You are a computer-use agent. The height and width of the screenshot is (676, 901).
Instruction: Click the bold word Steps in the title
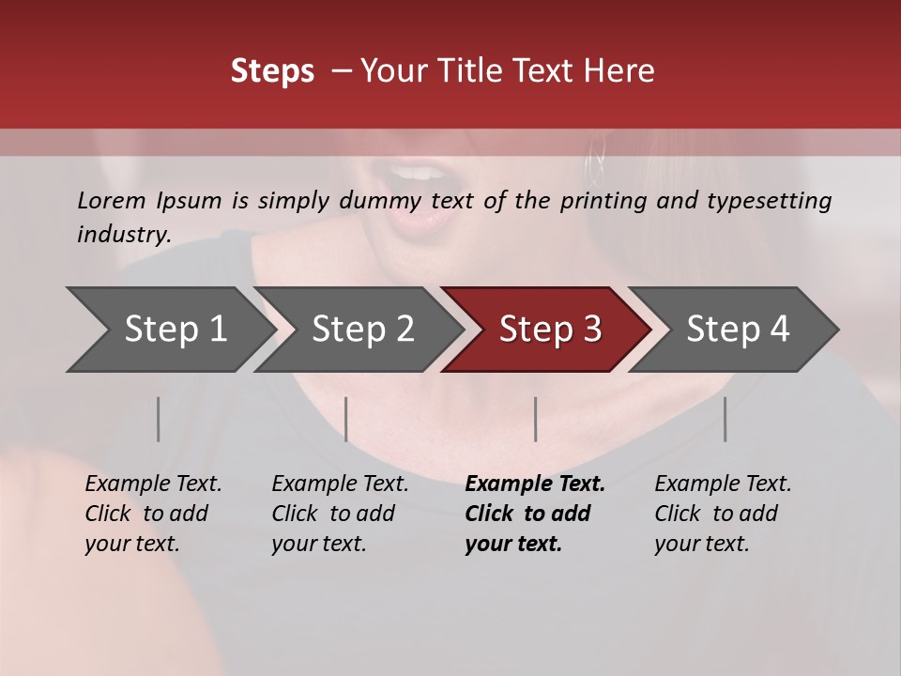coord(272,71)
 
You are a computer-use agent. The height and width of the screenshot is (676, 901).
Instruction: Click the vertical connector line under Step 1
coord(159,419)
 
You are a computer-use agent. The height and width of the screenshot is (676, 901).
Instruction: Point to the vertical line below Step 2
coord(346,419)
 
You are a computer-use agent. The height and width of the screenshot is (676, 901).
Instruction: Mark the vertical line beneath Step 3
coord(536,419)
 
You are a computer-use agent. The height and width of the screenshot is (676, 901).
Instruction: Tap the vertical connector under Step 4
coord(725,419)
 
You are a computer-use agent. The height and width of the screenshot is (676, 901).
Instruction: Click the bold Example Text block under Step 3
coord(534,514)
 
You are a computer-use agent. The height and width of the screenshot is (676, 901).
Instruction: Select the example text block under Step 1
coord(153,514)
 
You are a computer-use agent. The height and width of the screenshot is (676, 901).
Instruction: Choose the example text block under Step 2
coord(340,514)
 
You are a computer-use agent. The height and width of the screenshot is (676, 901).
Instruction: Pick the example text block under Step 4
coord(723,514)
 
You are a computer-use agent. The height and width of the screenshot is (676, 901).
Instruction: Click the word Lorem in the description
coord(112,201)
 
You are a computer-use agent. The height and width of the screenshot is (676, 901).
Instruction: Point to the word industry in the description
coord(124,235)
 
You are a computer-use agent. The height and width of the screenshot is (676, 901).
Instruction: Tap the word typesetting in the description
coord(769,201)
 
